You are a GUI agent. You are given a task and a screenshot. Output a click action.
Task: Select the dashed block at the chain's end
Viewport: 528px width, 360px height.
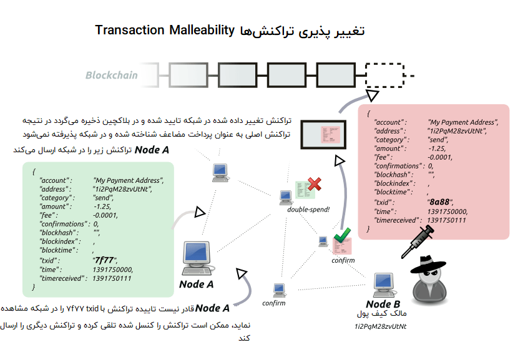point(385,75)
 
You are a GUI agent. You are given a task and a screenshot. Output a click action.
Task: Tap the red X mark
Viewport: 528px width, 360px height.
point(315,184)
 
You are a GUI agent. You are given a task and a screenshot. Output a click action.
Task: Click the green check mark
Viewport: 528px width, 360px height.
point(341,236)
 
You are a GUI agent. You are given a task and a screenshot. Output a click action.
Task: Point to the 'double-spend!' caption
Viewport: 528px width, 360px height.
point(308,209)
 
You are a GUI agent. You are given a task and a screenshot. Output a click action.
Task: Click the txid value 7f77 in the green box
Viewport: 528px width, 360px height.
point(103,260)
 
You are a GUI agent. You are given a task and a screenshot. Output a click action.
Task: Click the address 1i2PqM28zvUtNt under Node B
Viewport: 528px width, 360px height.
point(380,326)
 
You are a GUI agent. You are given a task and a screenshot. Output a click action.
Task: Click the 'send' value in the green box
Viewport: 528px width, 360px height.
point(102,197)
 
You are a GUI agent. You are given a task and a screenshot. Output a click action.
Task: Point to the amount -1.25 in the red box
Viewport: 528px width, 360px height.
point(436,148)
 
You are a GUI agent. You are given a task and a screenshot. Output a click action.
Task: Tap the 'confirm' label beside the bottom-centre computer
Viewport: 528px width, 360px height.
point(274,303)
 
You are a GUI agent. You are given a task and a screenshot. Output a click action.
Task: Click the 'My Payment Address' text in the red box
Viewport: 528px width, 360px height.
point(462,122)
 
